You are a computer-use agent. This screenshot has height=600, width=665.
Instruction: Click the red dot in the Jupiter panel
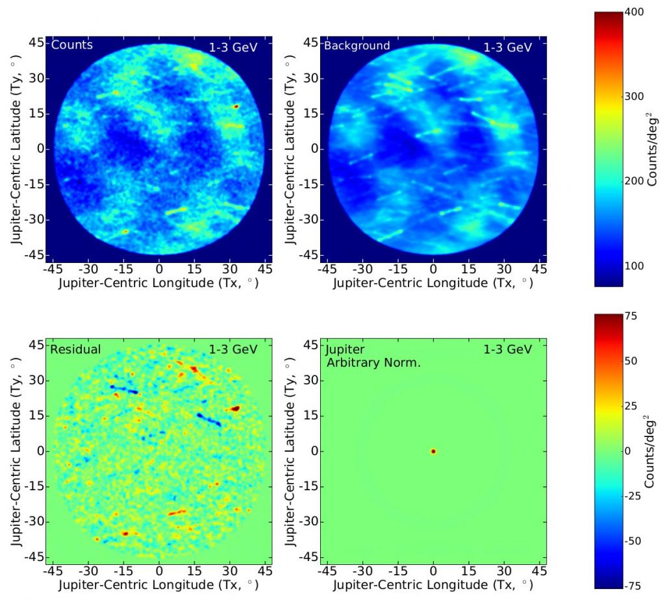[x=433, y=451]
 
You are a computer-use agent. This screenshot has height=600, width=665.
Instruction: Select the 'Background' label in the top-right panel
[x=357, y=45]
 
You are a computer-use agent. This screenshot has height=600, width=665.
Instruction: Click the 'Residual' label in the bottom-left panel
[x=75, y=349]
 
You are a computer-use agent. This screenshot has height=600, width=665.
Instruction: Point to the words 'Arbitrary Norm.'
[x=373, y=362]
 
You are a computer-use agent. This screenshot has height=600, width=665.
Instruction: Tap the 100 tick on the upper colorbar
[x=634, y=266]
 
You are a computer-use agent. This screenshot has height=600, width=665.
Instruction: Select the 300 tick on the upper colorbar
[x=634, y=96]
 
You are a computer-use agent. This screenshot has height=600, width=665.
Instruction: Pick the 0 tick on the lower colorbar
[x=627, y=451]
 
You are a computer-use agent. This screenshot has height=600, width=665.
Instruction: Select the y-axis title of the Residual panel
[x=14, y=451]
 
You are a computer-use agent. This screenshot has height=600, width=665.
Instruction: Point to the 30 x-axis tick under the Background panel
[x=504, y=268]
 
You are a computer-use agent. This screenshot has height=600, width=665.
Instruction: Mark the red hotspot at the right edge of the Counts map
[x=236, y=106]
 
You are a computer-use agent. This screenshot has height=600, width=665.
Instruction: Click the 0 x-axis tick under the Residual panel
[x=159, y=570]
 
